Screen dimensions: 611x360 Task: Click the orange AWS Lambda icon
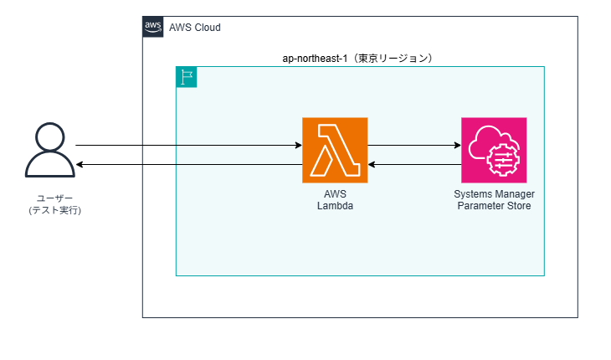(335, 150)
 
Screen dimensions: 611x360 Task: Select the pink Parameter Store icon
(494, 150)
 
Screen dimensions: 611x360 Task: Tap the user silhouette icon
(50, 150)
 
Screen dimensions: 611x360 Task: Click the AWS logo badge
(152, 27)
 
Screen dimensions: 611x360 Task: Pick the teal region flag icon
(187, 77)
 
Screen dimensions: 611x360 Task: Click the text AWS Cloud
(195, 28)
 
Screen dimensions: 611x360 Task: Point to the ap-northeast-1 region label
(357, 59)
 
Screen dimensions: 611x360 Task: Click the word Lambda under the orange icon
(335, 206)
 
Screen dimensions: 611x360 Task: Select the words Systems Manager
(494, 194)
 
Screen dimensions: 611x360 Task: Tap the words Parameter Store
(494, 206)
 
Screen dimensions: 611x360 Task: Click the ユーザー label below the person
(55, 198)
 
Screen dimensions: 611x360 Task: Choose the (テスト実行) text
(55, 210)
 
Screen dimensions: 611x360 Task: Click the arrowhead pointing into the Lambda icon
(299, 146)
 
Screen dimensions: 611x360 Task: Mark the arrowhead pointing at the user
(80, 164)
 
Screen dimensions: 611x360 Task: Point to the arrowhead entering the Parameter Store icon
(458, 146)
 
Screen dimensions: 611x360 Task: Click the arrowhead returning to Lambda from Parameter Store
(372, 164)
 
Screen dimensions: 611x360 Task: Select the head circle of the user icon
(50, 136)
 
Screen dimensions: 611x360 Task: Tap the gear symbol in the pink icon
(503, 159)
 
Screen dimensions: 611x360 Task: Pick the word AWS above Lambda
(335, 194)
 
